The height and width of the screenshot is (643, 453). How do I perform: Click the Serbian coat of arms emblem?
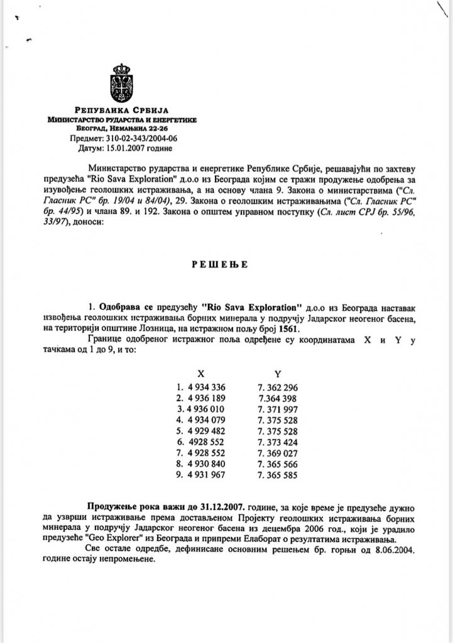click(x=121, y=84)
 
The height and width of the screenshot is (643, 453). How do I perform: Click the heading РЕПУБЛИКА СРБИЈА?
click(x=123, y=111)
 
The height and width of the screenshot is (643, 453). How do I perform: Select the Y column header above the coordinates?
click(x=278, y=374)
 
